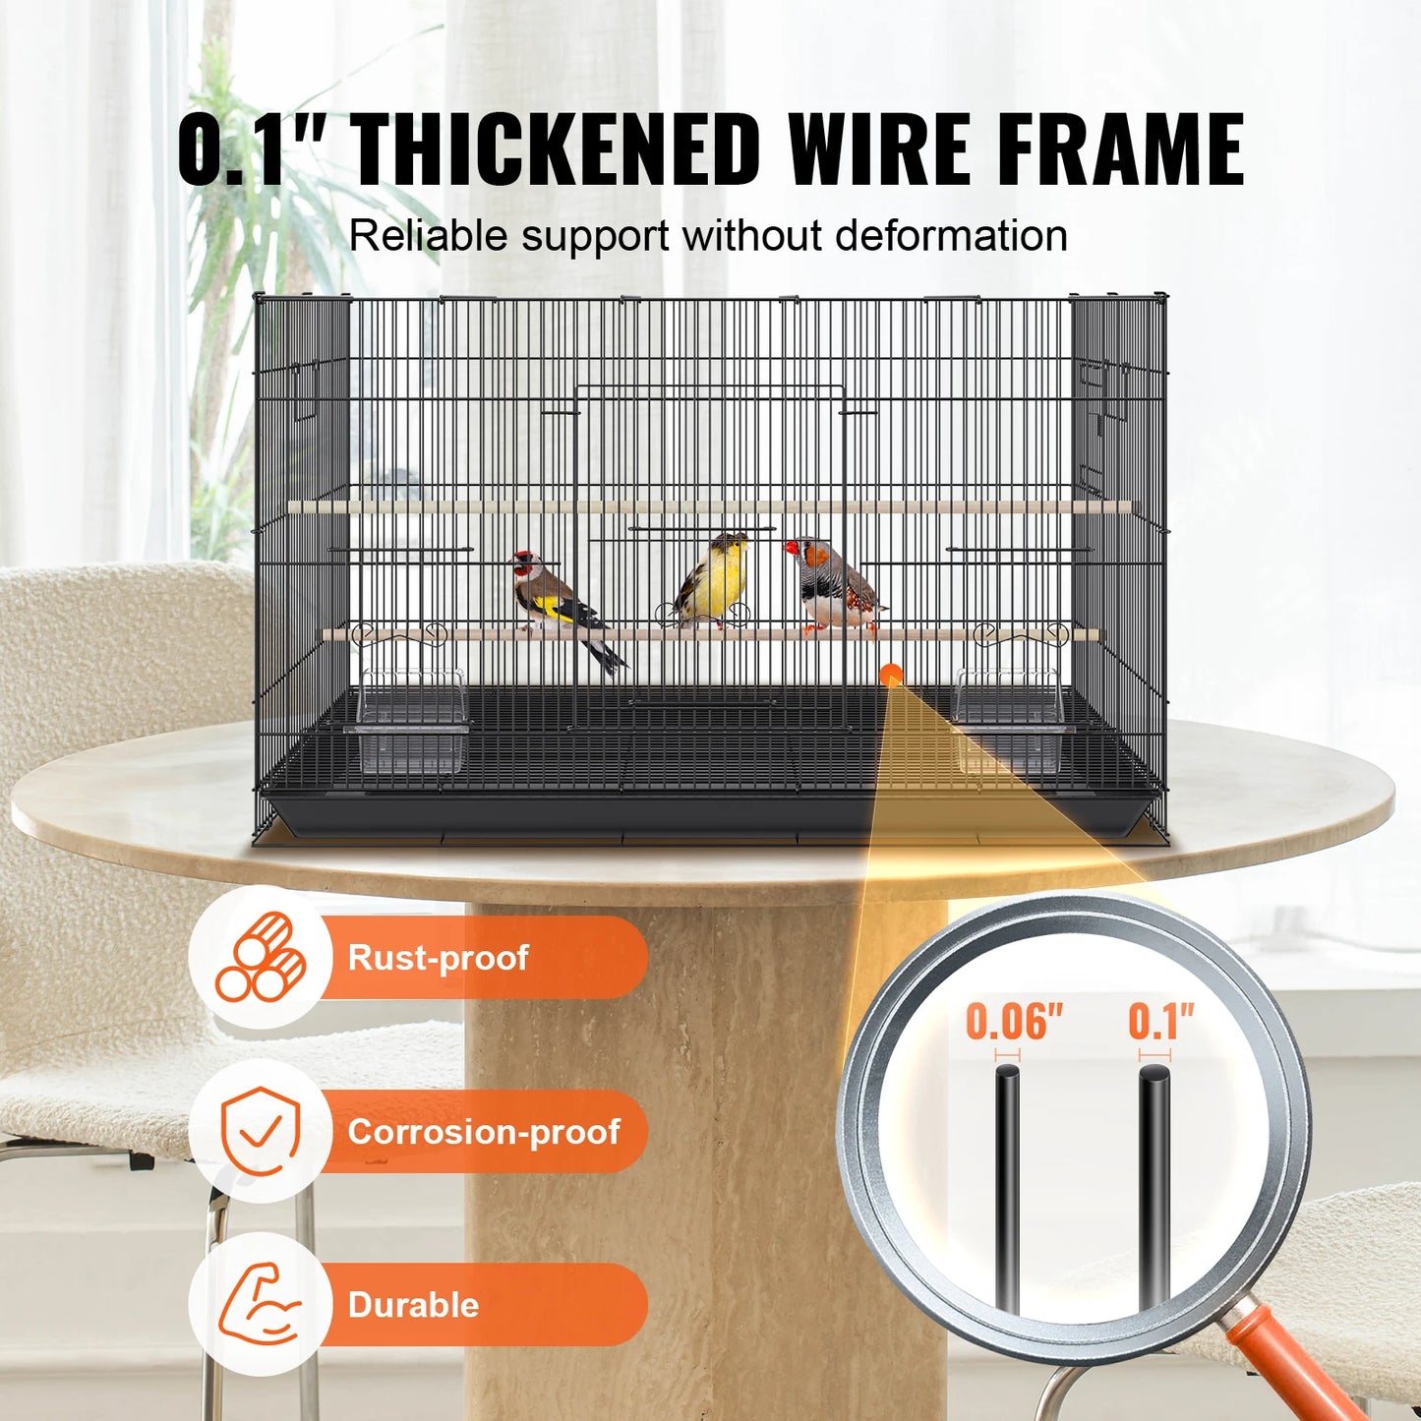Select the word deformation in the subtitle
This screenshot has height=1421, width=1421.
pyautogui.click(x=951, y=237)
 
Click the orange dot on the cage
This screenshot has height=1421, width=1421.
pyautogui.click(x=891, y=675)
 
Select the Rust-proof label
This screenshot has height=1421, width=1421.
pyautogui.click(x=439, y=958)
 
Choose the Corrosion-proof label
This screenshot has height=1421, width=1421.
pyautogui.click(x=484, y=1132)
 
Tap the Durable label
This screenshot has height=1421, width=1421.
pyautogui.click(x=414, y=1305)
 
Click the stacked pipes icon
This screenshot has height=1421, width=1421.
pyautogui.click(x=261, y=958)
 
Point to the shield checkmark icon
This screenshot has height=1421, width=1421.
pyautogui.click(x=261, y=1132)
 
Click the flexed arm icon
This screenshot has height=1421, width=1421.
pyautogui.click(x=261, y=1305)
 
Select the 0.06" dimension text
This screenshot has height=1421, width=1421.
pyautogui.click(x=1014, y=1022)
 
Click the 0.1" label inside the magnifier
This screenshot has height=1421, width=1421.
pyautogui.click(x=1160, y=1022)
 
